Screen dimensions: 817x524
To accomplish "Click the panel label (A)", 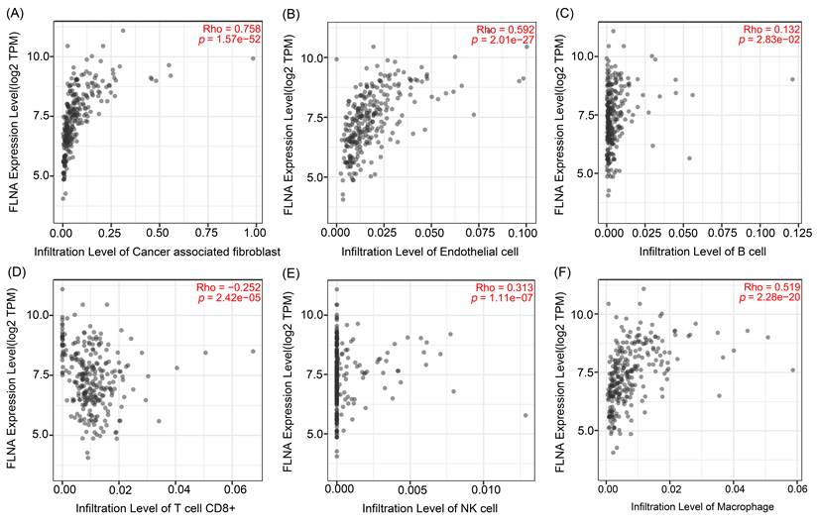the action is (x=15, y=14).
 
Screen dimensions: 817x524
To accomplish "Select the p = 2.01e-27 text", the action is (x=503, y=40).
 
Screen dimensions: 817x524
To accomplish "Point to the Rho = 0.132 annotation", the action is (x=771, y=29).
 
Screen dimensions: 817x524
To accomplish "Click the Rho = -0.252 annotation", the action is (x=229, y=287).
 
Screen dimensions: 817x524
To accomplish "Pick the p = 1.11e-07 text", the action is (x=502, y=298).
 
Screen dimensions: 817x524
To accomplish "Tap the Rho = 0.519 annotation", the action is (x=771, y=287).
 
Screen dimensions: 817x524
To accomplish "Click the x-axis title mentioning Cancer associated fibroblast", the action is (x=158, y=252).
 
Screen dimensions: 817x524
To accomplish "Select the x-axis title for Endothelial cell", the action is (x=430, y=252).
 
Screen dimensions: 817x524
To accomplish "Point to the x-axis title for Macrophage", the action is (x=702, y=506).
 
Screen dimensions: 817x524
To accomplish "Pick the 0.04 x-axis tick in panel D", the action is (x=176, y=490).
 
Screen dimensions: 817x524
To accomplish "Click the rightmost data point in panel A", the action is (x=253, y=58).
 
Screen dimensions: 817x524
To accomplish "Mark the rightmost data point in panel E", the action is (x=525, y=415).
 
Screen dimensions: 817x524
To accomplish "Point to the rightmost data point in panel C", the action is (x=792, y=79).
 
